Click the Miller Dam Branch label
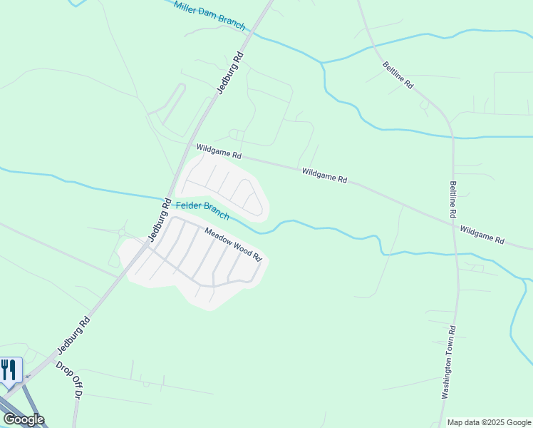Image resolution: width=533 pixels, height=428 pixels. (x=209, y=15)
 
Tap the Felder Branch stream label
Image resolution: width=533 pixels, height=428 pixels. (x=202, y=209)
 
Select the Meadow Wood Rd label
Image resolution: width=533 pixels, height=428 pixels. (x=234, y=243)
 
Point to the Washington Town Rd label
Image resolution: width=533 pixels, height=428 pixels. (x=448, y=372)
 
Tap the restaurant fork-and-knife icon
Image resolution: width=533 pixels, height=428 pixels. (x=9, y=370)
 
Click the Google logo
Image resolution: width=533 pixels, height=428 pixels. (x=24, y=419)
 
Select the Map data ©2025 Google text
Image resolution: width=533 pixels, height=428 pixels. (x=489, y=422)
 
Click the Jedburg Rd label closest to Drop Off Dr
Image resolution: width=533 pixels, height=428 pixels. (x=74, y=335)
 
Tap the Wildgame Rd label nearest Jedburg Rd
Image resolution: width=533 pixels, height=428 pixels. (x=219, y=151)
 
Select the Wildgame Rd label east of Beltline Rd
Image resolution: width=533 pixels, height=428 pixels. (x=482, y=235)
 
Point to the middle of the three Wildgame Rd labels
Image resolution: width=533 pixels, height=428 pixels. (x=324, y=175)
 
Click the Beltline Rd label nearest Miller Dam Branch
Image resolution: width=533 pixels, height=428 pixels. (x=398, y=74)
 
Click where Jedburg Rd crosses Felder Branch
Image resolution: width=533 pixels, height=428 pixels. (x=167, y=198)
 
